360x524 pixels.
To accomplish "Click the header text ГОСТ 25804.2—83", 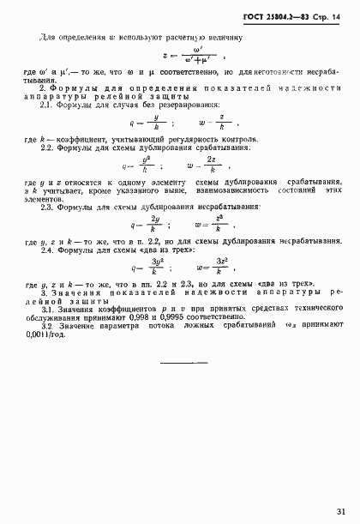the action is pos(281,17).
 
